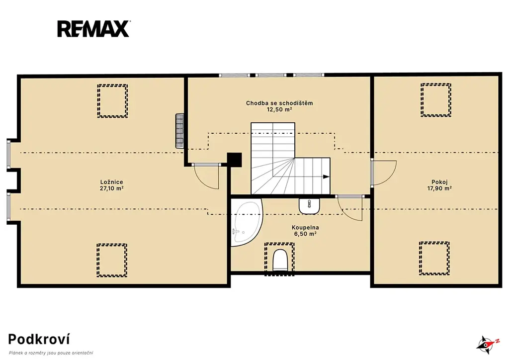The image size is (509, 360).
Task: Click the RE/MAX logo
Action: [94, 28]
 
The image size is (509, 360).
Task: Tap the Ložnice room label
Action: [112, 182]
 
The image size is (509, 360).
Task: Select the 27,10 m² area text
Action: [112, 188]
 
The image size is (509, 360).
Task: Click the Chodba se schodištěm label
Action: [279, 103]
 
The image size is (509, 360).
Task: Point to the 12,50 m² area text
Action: [279, 110]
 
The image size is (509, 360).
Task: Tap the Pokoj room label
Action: [439, 182]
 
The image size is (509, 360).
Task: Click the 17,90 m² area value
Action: [439, 188]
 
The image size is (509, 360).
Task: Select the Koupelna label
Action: [305, 228]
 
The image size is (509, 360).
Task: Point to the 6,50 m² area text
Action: [305, 234]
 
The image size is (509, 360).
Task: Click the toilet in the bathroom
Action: [280, 260]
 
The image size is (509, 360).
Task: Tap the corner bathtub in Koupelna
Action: [246, 223]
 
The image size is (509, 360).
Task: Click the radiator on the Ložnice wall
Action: [179, 130]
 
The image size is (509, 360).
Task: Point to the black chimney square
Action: [235, 160]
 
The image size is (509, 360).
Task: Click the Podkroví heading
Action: [39, 339]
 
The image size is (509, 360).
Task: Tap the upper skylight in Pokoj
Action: [435, 100]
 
